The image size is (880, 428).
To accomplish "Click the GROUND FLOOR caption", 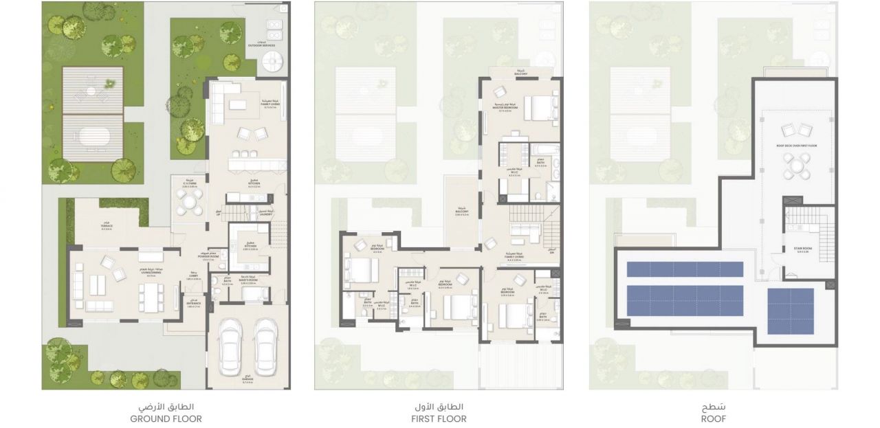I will coord(166,418).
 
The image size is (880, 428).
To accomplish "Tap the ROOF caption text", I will coord(713,418).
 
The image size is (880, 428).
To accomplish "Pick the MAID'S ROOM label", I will coord(248,280).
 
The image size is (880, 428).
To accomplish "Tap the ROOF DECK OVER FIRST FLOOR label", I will coord(797,146).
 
